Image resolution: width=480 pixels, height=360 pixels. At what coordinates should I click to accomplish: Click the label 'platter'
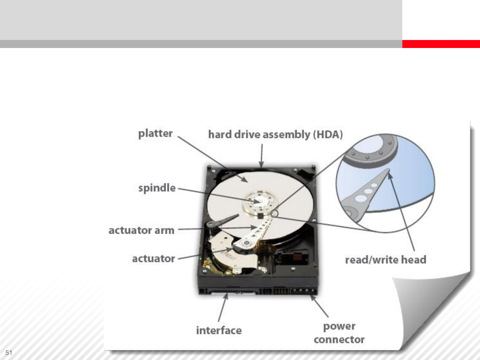point(155,134)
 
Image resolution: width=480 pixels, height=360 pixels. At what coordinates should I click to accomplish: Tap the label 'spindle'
point(157,188)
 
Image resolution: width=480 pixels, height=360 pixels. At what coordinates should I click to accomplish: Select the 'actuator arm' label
point(141,230)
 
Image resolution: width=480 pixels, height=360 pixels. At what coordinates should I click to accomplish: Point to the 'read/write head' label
point(386,260)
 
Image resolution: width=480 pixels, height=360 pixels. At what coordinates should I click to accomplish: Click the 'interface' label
point(219,330)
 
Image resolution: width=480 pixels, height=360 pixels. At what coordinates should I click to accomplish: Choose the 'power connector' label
point(339,333)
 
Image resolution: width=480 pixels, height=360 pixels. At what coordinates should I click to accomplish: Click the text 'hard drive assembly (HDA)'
point(275,134)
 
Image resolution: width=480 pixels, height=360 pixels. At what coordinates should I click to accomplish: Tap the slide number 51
point(9,353)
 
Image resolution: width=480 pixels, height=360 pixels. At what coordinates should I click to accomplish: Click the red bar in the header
point(441,44)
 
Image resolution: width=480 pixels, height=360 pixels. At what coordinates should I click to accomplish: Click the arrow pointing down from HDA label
point(262,156)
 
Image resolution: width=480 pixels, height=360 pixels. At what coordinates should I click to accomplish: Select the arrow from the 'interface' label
point(223,307)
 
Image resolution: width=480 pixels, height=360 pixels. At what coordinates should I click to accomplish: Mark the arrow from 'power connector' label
point(319,306)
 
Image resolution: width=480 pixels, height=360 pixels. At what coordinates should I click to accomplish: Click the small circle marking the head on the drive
point(274,213)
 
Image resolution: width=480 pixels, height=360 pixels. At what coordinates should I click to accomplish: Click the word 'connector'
point(339,340)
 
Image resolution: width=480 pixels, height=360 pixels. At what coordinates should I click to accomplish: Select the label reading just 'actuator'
point(154,259)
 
